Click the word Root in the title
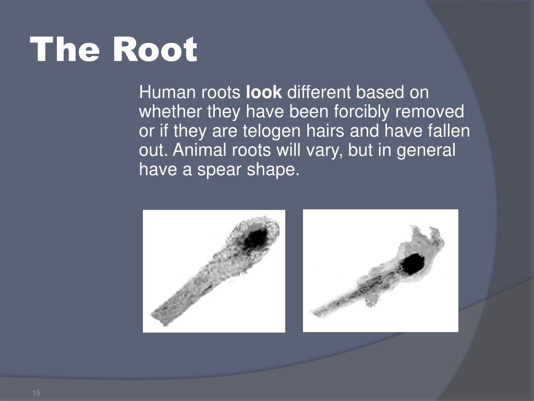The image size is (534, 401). [155, 50]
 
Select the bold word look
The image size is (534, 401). [264, 93]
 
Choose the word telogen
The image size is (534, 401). [271, 131]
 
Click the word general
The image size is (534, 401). [426, 150]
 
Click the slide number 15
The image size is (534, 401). [36, 393]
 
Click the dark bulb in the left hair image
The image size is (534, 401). [255, 239]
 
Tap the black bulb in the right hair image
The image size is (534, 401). [412, 264]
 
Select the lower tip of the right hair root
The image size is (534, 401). [314, 313]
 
